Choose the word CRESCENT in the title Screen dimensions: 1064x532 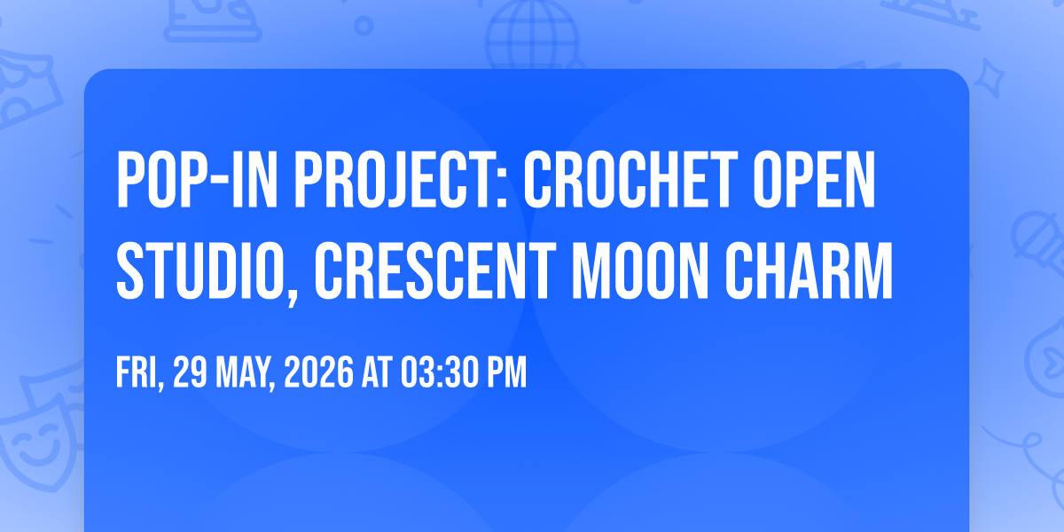click(x=435, y=270)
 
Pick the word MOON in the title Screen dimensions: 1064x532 click(x=640, y=270)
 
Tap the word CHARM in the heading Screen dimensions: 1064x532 click(x=809, y=270)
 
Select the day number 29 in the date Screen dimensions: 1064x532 click(x=190, y=372)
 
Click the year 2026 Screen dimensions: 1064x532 click(x=318, y=372)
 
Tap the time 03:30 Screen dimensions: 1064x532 click(x=436, y=372)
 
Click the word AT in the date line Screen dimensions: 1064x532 click(x=377, y=372)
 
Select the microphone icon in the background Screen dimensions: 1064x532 click(x=1038, y=242)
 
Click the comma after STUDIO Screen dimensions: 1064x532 click(x=292, y=297)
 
